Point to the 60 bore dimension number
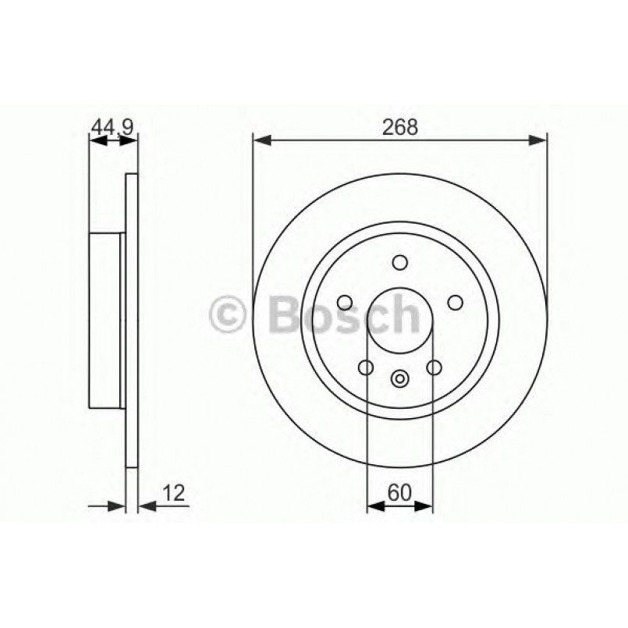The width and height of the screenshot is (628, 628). (399, 492)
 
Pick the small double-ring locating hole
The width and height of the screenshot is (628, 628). (399, 379)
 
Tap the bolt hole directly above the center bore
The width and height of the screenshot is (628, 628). (399, 263)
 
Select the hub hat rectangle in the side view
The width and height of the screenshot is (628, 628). (106, 321)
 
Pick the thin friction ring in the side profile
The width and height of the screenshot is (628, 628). (131, 321)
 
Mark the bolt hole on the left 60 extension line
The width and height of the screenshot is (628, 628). (365, 367)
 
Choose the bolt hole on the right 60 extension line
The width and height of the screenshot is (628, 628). (434, 367)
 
